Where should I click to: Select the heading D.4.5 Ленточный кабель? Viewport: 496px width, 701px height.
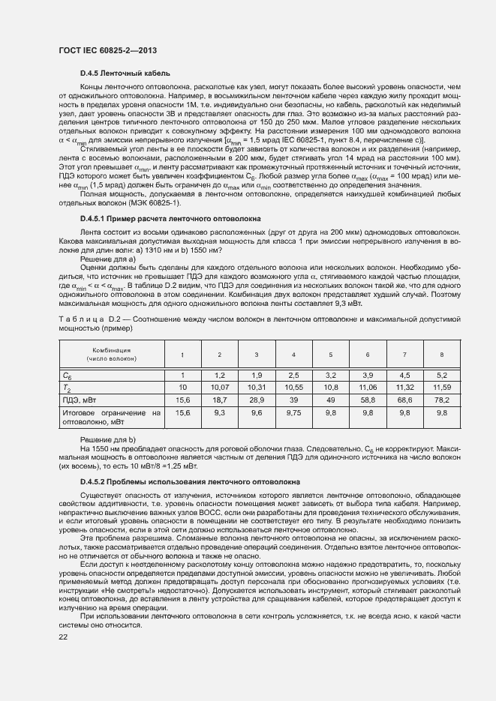(x=125, y=73)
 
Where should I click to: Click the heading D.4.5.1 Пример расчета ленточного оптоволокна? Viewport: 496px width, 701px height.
(x=170, y=219)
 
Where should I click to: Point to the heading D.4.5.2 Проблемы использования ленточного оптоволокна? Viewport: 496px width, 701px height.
(x=190, y=481)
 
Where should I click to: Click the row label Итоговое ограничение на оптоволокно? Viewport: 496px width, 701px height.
(x=112, y=417)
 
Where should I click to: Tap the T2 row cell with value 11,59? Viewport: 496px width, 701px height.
(x=440, y=388)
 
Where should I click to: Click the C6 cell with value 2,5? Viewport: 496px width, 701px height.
(x=293, y=374)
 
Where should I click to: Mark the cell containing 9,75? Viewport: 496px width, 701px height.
(x=293, y=412)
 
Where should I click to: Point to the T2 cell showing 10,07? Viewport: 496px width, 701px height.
(x=219, y=388)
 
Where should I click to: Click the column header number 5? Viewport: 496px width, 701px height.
(x=330, y=354)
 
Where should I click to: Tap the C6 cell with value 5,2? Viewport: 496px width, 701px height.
(x=440, y=374)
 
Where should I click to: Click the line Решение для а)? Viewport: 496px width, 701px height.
(x=107, y=259)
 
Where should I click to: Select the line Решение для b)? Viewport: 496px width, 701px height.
(x=107, y=439)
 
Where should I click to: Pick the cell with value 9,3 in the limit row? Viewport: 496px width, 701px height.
(x=219, y=412)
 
